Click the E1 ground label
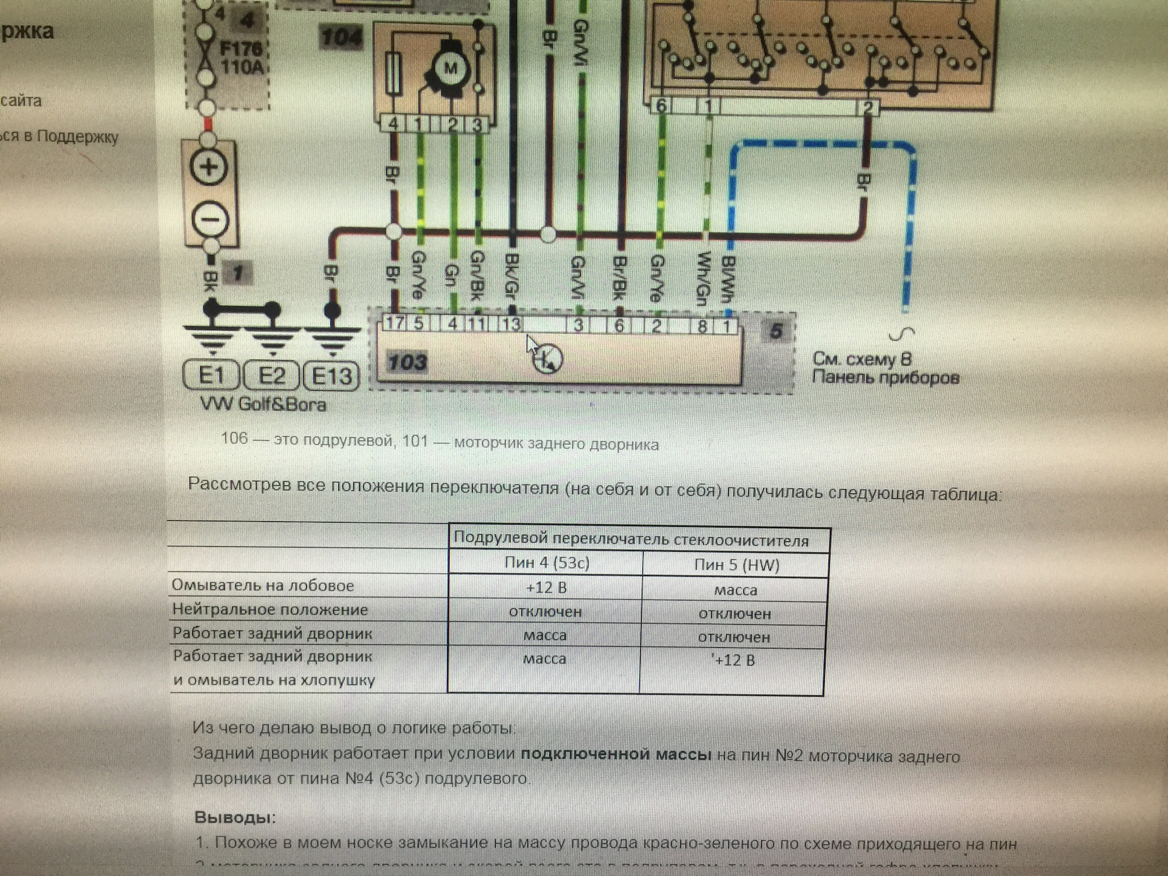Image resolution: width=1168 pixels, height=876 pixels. pyautogui.click(x=211, y=375)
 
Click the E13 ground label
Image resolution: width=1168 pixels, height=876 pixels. pyautogui.click(x=332, y=376)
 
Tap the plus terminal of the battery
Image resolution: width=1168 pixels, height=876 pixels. pyautogui.click(x=209, y=167)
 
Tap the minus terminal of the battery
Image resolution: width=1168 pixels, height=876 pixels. pyautogui.click(x=210, y=219)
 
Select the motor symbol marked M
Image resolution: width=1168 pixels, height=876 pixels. pyautogui.click(x=450, y=68)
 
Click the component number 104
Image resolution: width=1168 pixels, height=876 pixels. pyautogui.click(x=341, y=38)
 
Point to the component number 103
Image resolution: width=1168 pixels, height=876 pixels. pyautogui.click(x=407, y=363)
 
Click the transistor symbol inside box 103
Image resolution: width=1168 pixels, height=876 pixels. pyautogui.click(x=547, y=360)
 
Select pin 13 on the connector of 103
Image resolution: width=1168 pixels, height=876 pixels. pyautogui.click(x=511, y=324)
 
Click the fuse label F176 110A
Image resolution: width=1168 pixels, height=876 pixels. pyautogui.click(x=242, y=58)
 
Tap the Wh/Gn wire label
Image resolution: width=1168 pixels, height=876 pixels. pyautogui.click(x=703, y=278)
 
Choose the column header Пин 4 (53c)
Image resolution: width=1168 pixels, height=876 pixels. pyautogui.click(x=546, y=563)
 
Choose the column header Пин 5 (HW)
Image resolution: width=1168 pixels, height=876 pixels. pyautogui.click(x=736, y=565)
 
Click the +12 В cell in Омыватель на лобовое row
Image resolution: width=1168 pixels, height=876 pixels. pyautogui.click(x=546, y=588)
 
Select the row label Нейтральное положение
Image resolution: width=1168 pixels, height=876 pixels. pyautogui.click(x=269, y=609)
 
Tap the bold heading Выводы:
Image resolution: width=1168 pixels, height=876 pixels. pyautogui.click(x=235, y=817)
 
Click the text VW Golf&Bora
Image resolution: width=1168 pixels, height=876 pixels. pyautogui.click(x=263, y=405)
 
